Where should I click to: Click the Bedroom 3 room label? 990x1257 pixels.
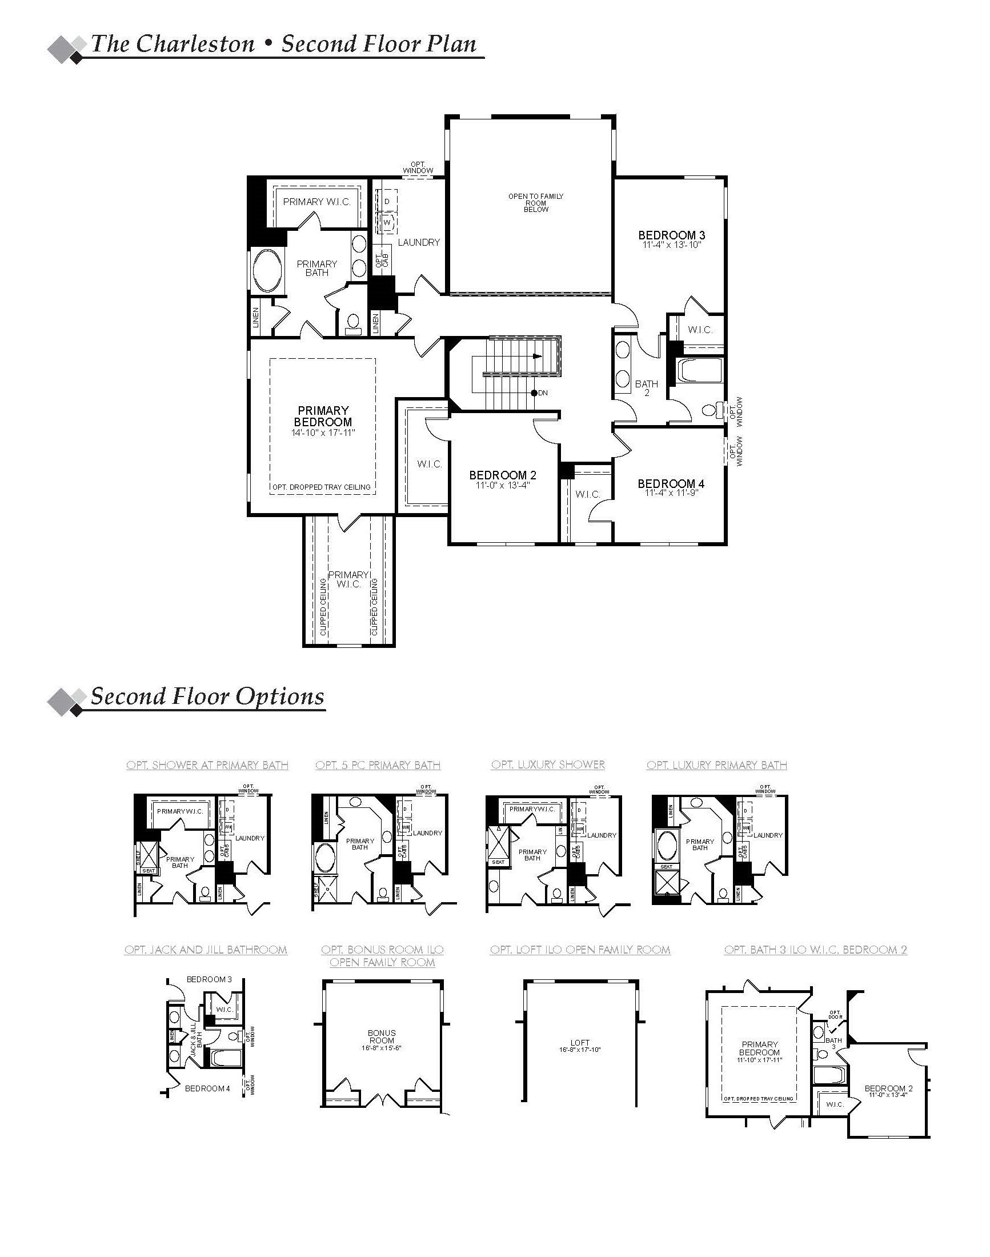672,235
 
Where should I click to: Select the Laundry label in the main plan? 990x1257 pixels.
419,242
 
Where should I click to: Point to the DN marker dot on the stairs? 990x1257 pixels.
533,393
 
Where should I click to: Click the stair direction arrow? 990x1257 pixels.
537,357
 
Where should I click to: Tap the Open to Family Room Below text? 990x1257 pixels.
536,203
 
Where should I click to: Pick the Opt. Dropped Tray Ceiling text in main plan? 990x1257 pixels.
322,487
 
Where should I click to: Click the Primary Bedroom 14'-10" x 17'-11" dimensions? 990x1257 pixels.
323,433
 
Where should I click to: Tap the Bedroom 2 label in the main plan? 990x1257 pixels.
503,475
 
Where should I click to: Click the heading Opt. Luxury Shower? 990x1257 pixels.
548,764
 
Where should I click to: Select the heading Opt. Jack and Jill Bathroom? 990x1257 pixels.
206,950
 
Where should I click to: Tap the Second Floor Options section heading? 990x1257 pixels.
207,696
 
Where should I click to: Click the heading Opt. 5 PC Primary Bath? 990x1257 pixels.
378,765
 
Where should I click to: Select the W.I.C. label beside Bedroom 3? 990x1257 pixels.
700,330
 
